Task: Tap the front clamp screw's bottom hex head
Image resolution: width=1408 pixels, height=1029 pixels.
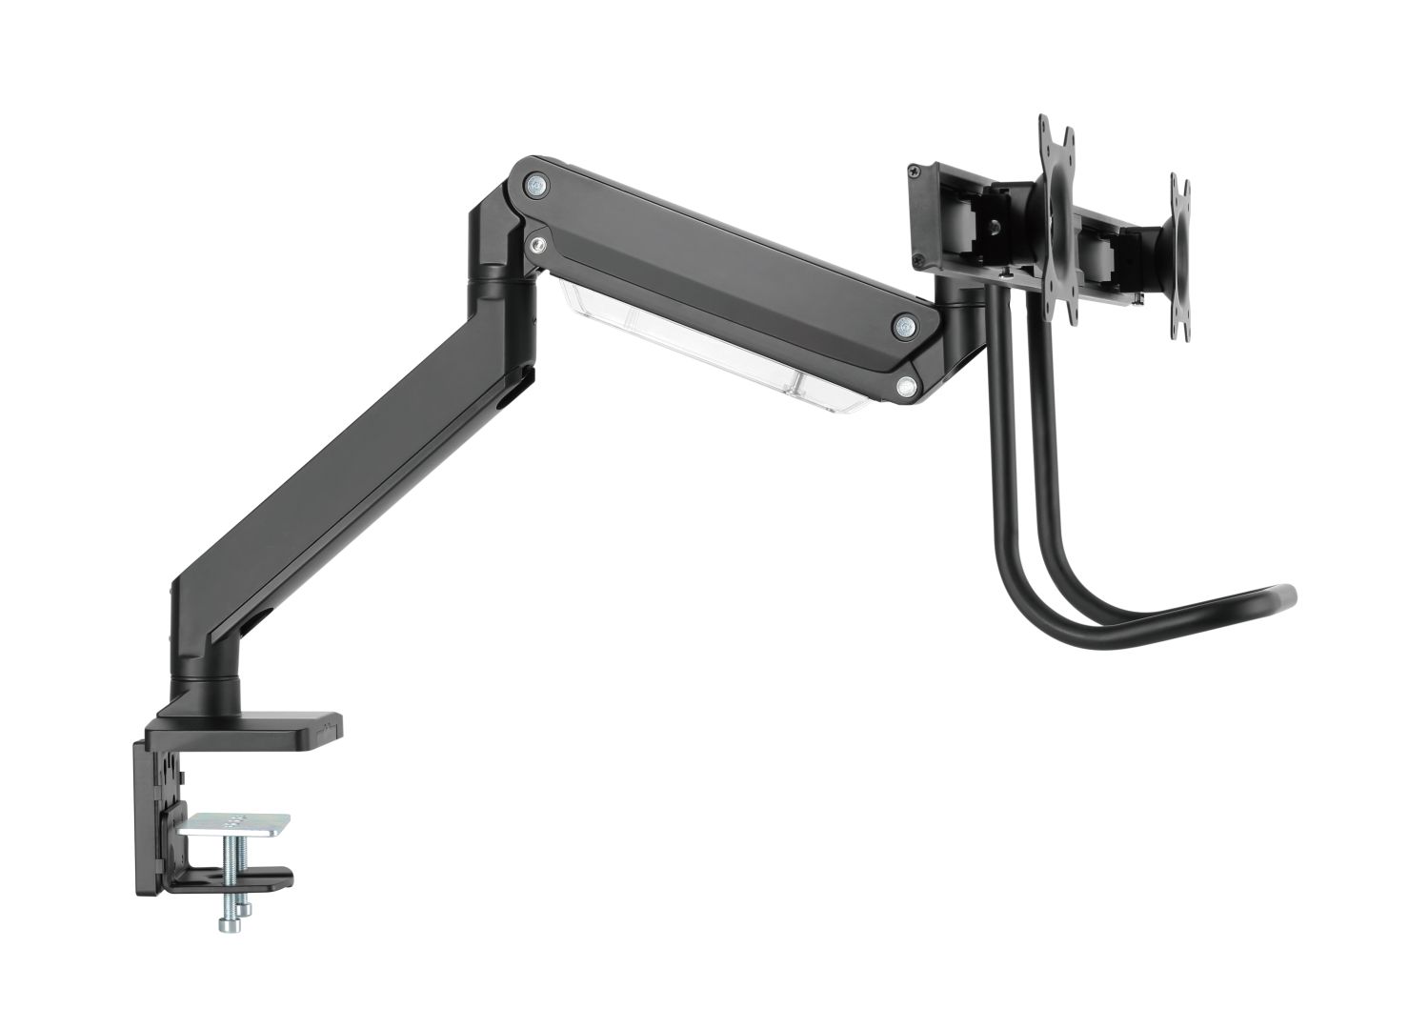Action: (228, 924)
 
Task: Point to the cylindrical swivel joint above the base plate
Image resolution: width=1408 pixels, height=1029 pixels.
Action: (198, 688)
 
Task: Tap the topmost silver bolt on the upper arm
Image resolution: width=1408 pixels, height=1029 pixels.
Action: (535, 185)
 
